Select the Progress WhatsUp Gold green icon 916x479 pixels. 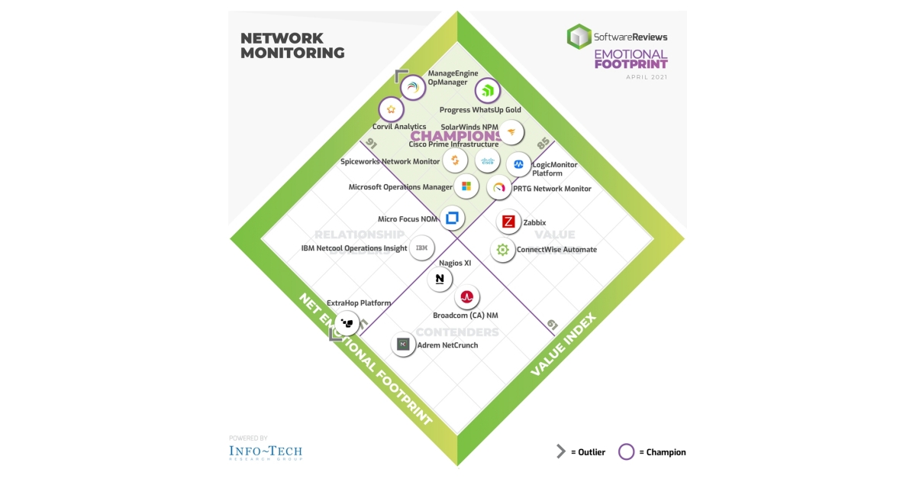tap(488, 92)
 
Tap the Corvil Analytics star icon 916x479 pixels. tap(391, 109)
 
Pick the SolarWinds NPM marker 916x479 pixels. tap(512, 132)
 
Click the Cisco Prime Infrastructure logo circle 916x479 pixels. tap(487, 160)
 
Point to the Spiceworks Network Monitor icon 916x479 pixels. tap(455, 160)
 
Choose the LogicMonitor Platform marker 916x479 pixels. tap(518, 164)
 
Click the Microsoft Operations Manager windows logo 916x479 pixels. tap(465, 186)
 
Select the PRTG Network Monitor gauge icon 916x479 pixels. tap(499, 187)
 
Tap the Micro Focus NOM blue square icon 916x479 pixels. tap(451, 218)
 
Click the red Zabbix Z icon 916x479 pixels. tap(508, 222)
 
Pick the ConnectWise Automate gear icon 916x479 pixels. tap(502, 250)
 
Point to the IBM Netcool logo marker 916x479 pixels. tap(422, 248)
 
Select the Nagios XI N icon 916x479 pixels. tap(440, 280)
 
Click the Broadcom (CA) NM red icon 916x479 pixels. tap(466, 297)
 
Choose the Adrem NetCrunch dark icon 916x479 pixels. tap(403, 345)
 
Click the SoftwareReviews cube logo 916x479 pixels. tap(579, 36)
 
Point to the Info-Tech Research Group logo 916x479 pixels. tap(266, 451)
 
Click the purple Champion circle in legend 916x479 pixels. tap(626, 451)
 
